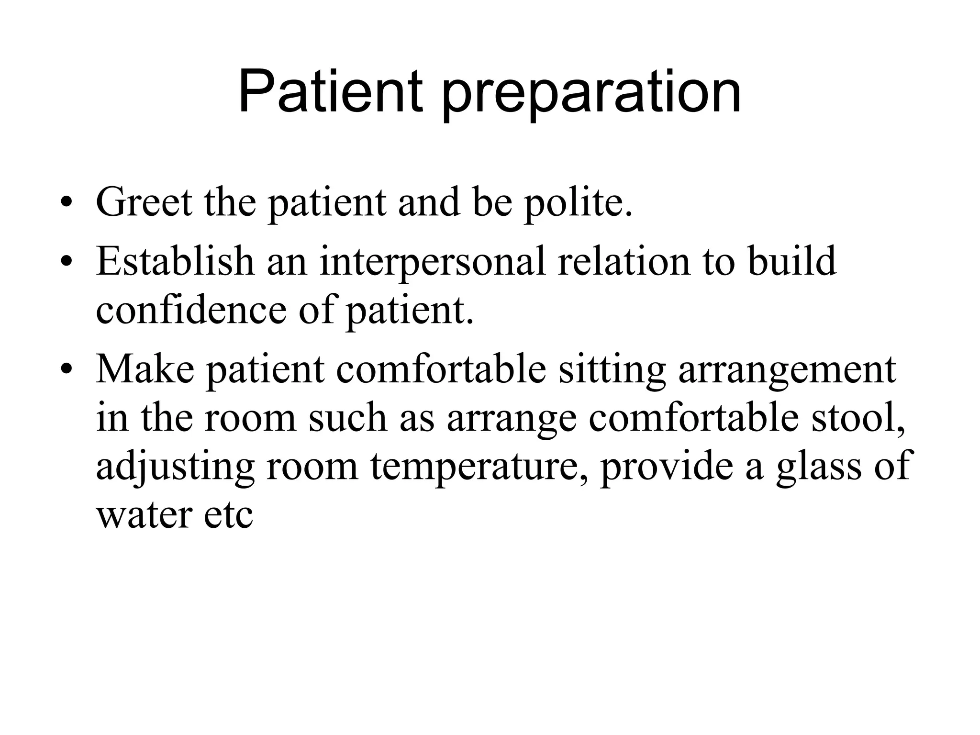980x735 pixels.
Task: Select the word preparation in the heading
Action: pyautogui.click(x=591, y=96)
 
